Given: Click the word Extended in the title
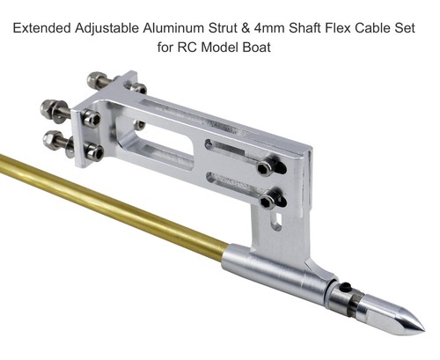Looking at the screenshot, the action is click(42, 28).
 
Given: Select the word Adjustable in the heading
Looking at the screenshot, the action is click(106, 29).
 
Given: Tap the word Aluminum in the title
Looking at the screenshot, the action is click(173, 28).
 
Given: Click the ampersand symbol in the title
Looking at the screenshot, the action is click(247, 28).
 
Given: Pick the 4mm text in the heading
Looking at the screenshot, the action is click(270, 28).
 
